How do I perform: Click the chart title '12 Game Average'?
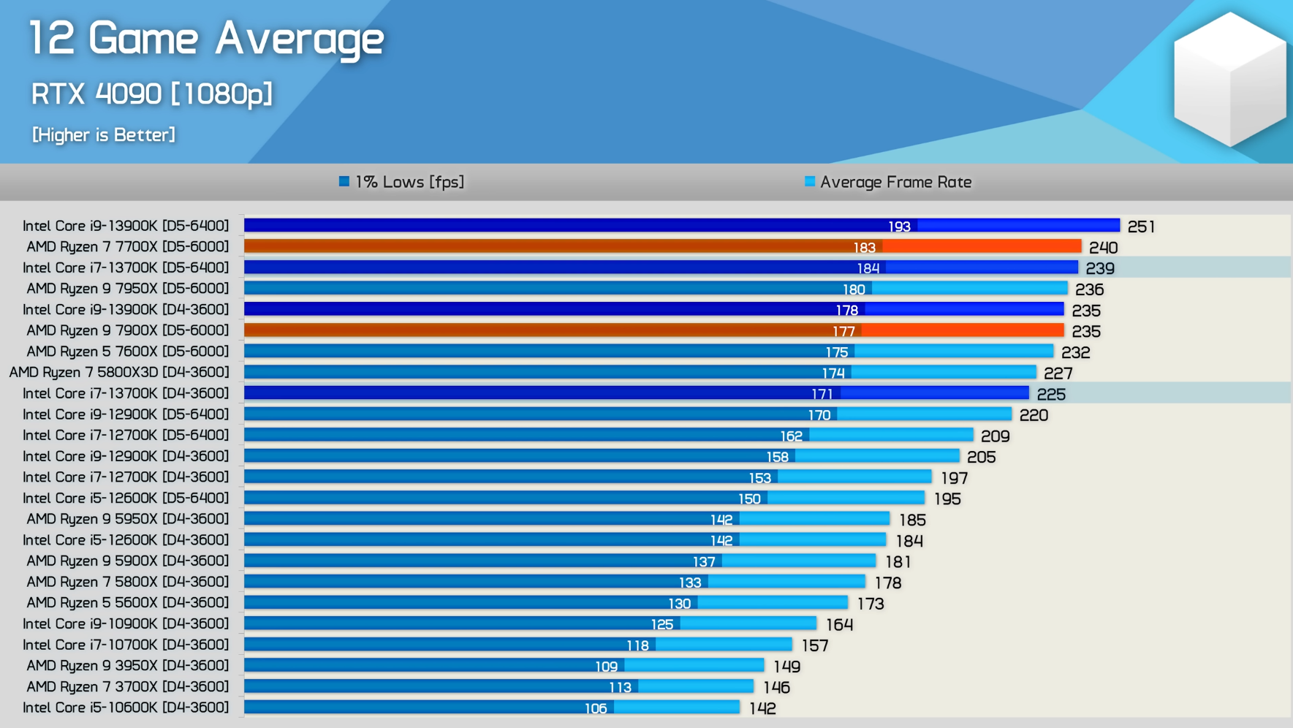tap(206, 39)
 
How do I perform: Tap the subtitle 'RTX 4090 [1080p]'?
tap(151, 94)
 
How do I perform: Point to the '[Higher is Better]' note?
tap(104, 135)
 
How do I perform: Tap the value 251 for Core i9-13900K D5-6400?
tap(1141, 227)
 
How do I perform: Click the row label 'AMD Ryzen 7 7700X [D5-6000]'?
tap(127, 247)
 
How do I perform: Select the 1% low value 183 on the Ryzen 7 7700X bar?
tap(864, 248)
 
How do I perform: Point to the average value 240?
tap(1103, 248)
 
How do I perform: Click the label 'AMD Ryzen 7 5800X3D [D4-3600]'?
tap(119, 373)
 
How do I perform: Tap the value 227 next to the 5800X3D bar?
tap(1058, 374)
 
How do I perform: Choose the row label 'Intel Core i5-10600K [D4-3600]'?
tap(126, 708)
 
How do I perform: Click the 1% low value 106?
tap(596, 708)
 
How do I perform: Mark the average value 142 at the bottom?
tap(762, 708)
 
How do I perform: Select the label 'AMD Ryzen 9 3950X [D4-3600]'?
tap(127, 666)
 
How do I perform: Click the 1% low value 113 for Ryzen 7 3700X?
tap(620, 687)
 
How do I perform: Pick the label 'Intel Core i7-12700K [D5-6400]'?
tap(126, 436)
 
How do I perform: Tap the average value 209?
tap(995, 436)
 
